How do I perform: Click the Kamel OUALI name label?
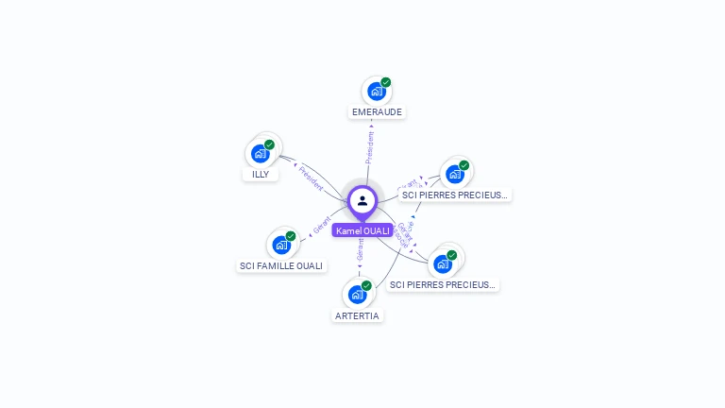(x=362, y=230)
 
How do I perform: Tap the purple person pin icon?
(x=362, y=200)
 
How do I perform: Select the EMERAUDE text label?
(x=377, y=111)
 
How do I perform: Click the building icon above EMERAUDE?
(x=376, y=92)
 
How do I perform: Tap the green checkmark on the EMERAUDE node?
(x=386, y=82)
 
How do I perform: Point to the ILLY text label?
(x=261, y=174)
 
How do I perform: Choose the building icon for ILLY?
(x=260, y=154)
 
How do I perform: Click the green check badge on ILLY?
(x=270, y=144)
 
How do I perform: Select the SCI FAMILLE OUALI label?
(x=281, y=265)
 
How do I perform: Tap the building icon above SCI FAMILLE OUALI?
(x=280, y=246)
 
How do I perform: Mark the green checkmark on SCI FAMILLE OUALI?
(x=291, y=236)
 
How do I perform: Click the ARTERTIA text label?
(x=357, y=315)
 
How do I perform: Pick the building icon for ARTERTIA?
(x=357, y=295)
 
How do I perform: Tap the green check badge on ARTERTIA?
(x=367, y=285)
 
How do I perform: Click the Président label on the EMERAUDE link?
(x=370, y=147)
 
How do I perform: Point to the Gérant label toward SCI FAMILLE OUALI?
(x=322, y=227)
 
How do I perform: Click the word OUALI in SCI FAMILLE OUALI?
(x=308, y=265)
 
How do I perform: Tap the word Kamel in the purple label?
(x=349, y=230)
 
